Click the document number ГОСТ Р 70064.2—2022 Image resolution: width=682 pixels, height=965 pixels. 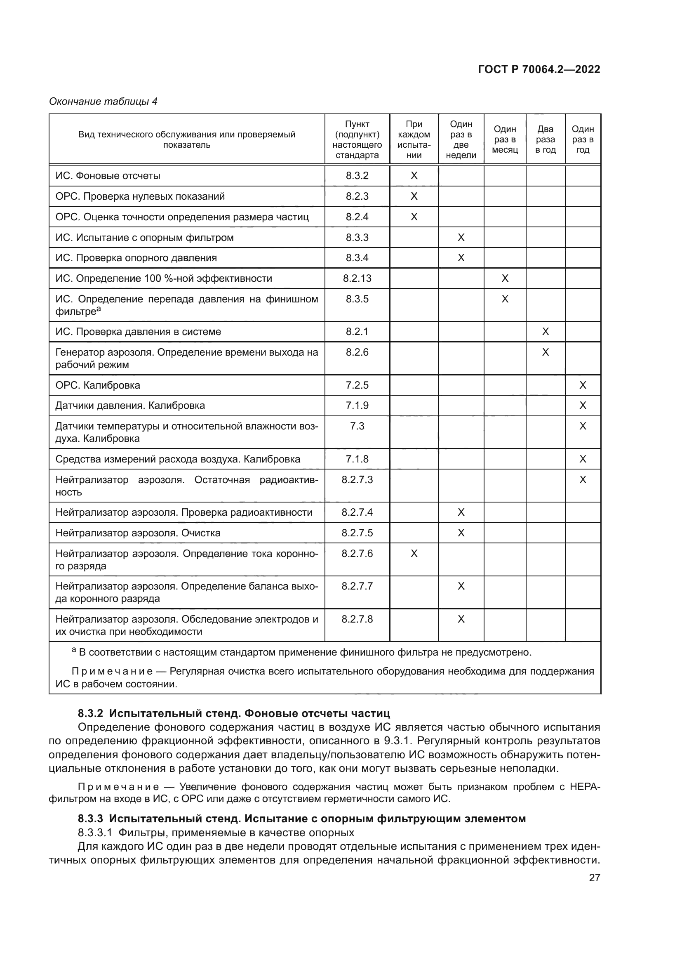pyautogui.click(x=539, y=69)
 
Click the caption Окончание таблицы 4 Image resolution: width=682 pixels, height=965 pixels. pyautogui.click(x=103, y=101)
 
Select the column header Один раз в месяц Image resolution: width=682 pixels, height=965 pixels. pyautogui.click(x=505, y=139)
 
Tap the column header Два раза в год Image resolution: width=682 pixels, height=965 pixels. pyautogui.click(x=545, y=139)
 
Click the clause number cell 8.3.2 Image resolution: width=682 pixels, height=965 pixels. pyautogui.click(x=357, y=176)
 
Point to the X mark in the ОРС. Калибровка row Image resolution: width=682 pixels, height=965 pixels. pyautogui.click(x=583, y=385)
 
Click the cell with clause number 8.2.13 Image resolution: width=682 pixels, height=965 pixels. pyautogui.click(x=357, y=278)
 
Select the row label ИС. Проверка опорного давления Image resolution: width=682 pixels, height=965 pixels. pyautogui.click(x=136, y=257)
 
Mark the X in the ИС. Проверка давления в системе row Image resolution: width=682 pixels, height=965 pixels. pyautogui.click(x=545, y=332)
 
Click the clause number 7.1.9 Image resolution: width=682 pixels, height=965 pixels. pyautogui.click(x=357, y=406)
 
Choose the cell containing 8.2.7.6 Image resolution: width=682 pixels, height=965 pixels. pyautogui.click(x=357, y=554)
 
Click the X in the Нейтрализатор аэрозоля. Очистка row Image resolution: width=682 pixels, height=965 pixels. pyautogui.click(x=461, y=533)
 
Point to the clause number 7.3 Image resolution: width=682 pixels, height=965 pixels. pyautogui.click(x=357, y=426)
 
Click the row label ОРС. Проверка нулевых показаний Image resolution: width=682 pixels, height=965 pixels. pyautogui.click(x=140, y=196)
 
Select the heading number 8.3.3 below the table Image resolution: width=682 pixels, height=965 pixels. pyautogui.click(x=90, y=819)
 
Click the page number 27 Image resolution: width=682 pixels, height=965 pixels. pyautogui.click(x=594, y=878)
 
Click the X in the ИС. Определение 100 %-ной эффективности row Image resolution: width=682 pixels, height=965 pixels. pyautogui.click(x=505, y=278)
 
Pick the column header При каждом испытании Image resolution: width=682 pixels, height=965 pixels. pyautogui.click(x=414, y=139)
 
